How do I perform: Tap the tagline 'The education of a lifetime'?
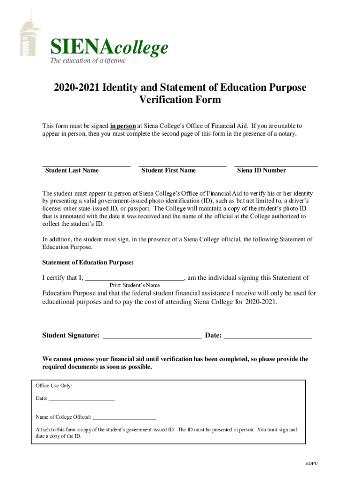click(x=88, y=60)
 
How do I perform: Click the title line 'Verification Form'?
click(x=180, y=100)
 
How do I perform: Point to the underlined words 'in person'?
click(x=123, y=126)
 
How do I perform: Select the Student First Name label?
click(x=168, y=170)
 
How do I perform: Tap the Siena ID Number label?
click(x=261, y=170)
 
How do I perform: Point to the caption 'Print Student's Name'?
click(x=135, y=285)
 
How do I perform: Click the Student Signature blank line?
click(x=151, y=336)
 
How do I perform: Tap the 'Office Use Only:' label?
click(x=54, y=386)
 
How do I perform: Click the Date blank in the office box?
click(x=81, y=400)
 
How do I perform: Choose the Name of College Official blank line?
click(x=124, y=418)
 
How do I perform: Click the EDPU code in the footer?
click(x=311, y=464)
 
